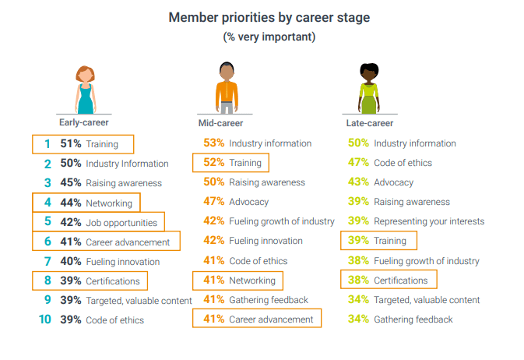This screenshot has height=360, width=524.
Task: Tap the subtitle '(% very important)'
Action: [269, 37]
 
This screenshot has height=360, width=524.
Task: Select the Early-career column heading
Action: [84, 122]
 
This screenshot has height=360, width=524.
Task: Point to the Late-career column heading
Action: [369, 123]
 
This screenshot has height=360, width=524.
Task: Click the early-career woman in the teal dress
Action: [85, 90]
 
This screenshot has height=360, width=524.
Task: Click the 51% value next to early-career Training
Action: [71, 143]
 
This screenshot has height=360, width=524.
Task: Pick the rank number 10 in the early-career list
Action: [45, 319]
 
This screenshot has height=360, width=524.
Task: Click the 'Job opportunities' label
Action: [121, 222]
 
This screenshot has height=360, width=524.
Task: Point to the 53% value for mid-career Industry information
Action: [214, 143]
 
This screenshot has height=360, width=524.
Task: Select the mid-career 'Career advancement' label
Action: [271, 319]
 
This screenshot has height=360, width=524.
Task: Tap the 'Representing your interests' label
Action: [429, 221]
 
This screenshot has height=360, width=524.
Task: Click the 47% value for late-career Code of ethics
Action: [358, 163]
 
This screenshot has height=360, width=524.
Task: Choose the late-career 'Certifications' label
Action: [400, 280]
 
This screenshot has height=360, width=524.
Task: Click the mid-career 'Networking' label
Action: [253, 280]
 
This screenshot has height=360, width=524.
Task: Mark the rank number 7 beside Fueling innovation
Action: [47, 261]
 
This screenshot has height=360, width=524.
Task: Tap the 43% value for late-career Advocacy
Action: [358, 182]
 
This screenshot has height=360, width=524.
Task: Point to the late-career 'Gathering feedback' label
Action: [413, 319]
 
